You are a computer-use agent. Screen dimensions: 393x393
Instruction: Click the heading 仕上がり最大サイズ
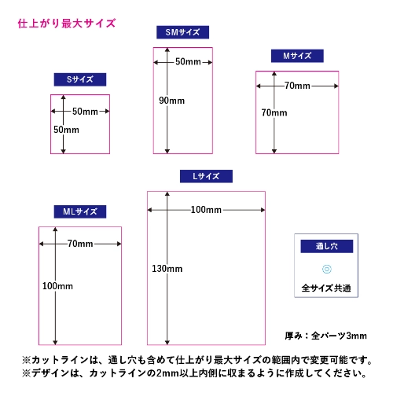click(x=67, y=24)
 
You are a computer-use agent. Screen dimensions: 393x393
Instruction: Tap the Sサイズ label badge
click(x=80, y=79)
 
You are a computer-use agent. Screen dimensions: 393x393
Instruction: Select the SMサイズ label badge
click(x=182, y=32)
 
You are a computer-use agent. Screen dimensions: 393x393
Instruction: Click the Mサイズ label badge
click(x=297, y=56)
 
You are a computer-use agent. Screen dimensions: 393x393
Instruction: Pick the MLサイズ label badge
click(x=80, y=211)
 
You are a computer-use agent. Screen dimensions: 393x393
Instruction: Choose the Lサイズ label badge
click(x=206, y=176)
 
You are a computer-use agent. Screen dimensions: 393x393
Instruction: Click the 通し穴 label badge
click(x=327, y=246)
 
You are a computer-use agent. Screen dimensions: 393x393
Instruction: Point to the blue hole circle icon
click(x=327, y=269)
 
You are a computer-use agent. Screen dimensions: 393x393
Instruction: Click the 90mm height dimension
click(x=171, y=101)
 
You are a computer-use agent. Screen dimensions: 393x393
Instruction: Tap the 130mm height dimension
click(x=167, y=269)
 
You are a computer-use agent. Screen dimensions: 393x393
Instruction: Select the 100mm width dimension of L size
click(x=206, y=210)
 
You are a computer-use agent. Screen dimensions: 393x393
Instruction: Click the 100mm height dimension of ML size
click(x=57, y=286)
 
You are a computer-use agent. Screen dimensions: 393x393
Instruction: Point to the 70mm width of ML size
click(x=80, y=244)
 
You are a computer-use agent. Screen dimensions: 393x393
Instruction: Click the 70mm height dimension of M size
click(x=274, y=113)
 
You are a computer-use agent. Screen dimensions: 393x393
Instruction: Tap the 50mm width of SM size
click(x=188, y=62)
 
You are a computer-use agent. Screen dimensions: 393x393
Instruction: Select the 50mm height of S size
click(x=66, y=130)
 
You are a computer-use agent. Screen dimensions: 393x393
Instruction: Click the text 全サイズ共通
click(x=326, y=288)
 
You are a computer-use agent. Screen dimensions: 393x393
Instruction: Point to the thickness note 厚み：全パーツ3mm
click(x=326, y=336)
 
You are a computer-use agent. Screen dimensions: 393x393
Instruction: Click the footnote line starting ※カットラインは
click(x=197, y=360)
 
